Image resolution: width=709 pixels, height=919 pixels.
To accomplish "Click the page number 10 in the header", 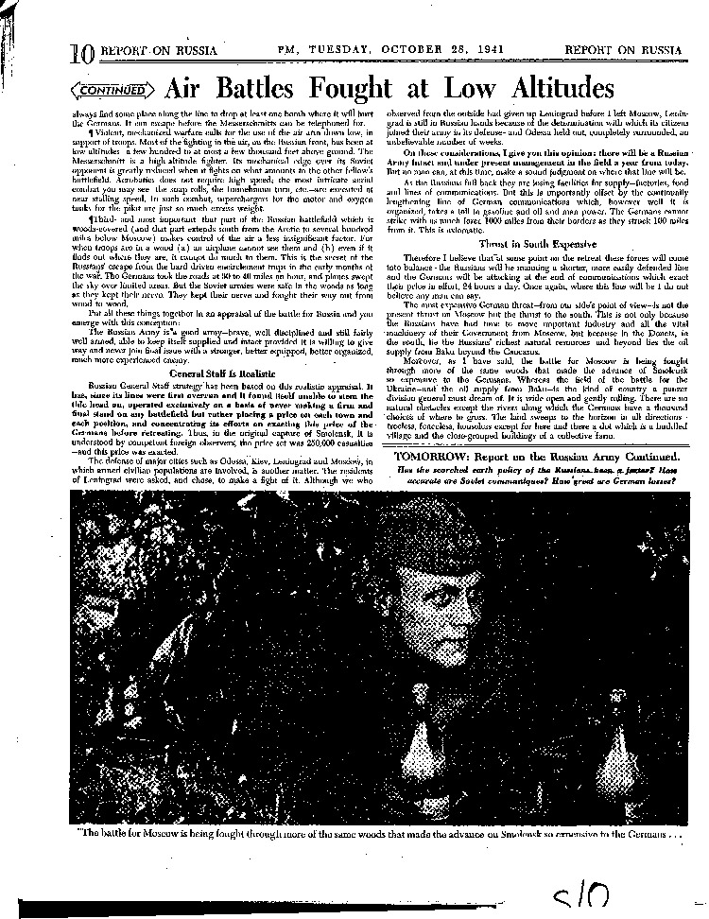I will point(81,54).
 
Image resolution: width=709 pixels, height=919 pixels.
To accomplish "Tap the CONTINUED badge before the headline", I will point(112,91).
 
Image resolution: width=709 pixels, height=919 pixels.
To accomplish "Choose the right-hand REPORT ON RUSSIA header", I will point(623,49).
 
